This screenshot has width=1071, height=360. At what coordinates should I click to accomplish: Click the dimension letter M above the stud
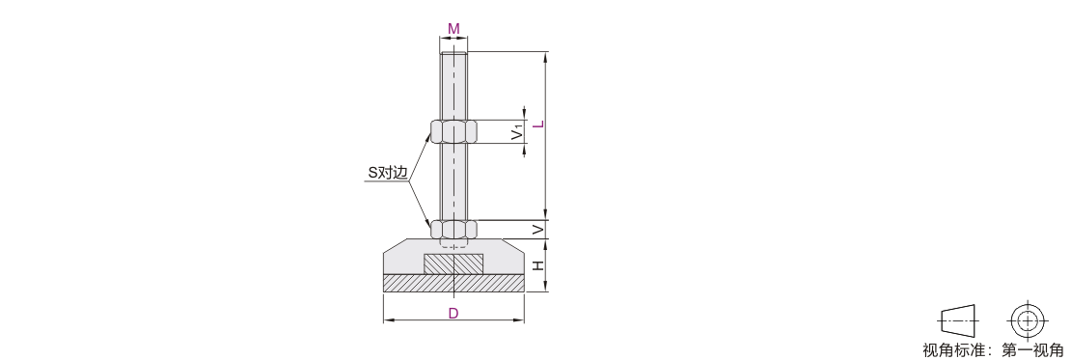pos(453,29)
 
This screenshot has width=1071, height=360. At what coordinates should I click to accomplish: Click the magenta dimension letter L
pos(538,124)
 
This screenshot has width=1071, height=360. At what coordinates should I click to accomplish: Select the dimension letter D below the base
pos(453,314)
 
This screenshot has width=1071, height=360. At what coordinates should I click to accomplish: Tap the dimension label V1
pos(518,132)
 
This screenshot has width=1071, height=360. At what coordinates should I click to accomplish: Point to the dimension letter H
pos(538,265)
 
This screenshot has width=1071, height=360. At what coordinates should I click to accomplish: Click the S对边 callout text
pos(388,173)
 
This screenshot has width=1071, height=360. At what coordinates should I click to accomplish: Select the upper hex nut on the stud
pos(453,130)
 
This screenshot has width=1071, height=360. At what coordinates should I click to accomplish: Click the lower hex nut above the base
pos(453,229)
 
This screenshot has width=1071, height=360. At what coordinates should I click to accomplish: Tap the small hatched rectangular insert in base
pos(453,263)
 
